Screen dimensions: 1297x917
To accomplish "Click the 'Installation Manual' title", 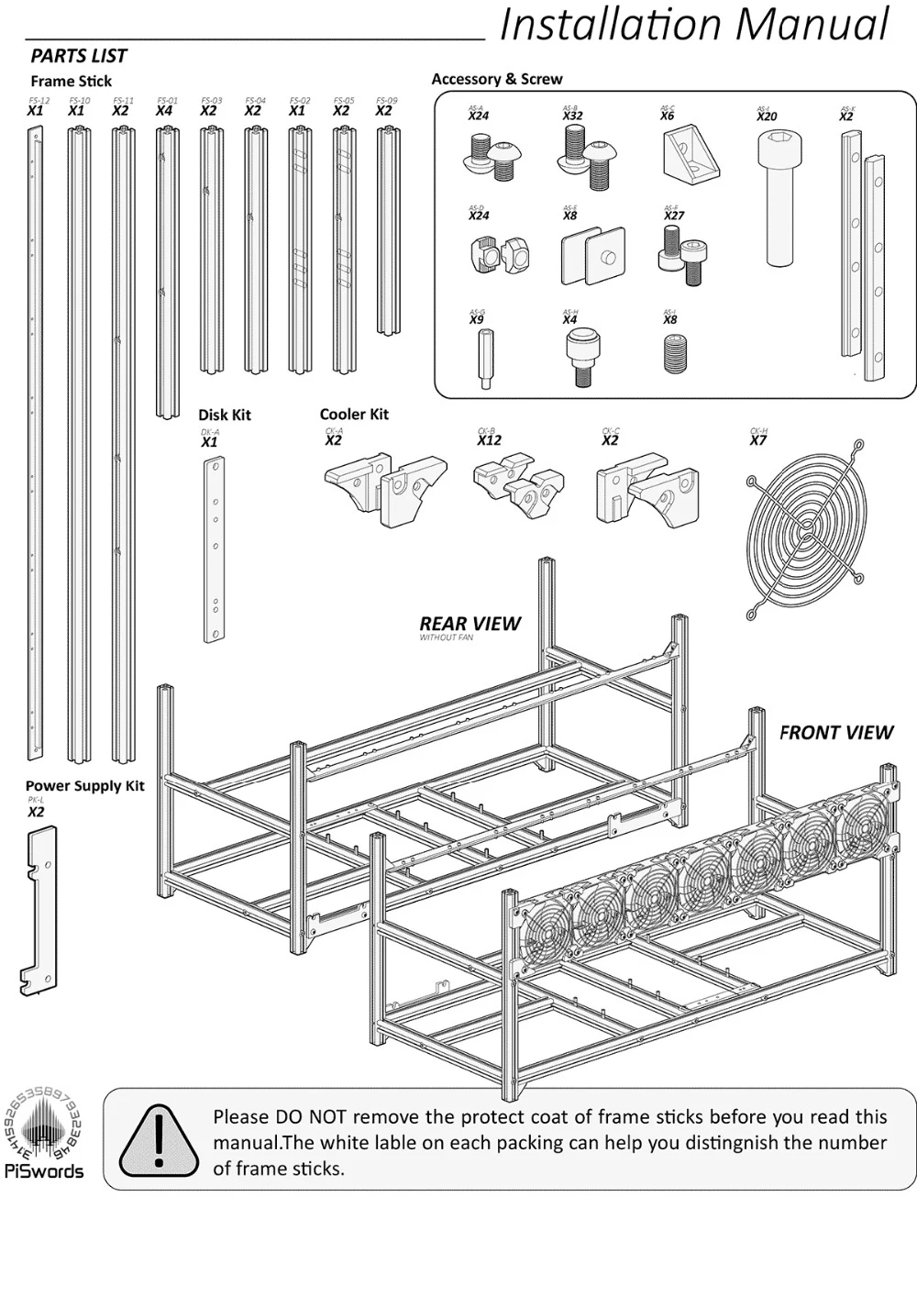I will tap(694, 25).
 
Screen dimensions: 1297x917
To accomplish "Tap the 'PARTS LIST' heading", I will tap(79, 56).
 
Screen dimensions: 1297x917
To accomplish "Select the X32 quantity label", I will tap(572, 116).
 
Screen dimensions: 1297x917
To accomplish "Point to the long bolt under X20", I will tap(775, 196).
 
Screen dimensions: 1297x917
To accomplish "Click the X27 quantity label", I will tap(674, 216).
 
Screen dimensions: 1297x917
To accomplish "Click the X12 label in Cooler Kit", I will tap(489, 440).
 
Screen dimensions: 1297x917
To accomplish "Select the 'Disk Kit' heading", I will tap(225, 415).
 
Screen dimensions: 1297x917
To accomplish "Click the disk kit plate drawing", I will tap(214, 549).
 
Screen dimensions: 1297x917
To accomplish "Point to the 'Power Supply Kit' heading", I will tap(84, 786).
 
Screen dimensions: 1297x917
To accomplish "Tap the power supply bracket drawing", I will tap(39, 909).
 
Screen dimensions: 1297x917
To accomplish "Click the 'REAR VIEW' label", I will tap(470, 624).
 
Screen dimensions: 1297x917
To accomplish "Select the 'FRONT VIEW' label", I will tap(835, 732).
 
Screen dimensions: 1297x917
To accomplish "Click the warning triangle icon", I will tap(158, 1141).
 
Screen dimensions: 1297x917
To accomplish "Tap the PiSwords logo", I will tap(43, 1133).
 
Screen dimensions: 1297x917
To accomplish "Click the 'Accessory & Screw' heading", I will tap(497, 80).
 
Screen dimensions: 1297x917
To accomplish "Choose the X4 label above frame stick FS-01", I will tap(164, 111).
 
